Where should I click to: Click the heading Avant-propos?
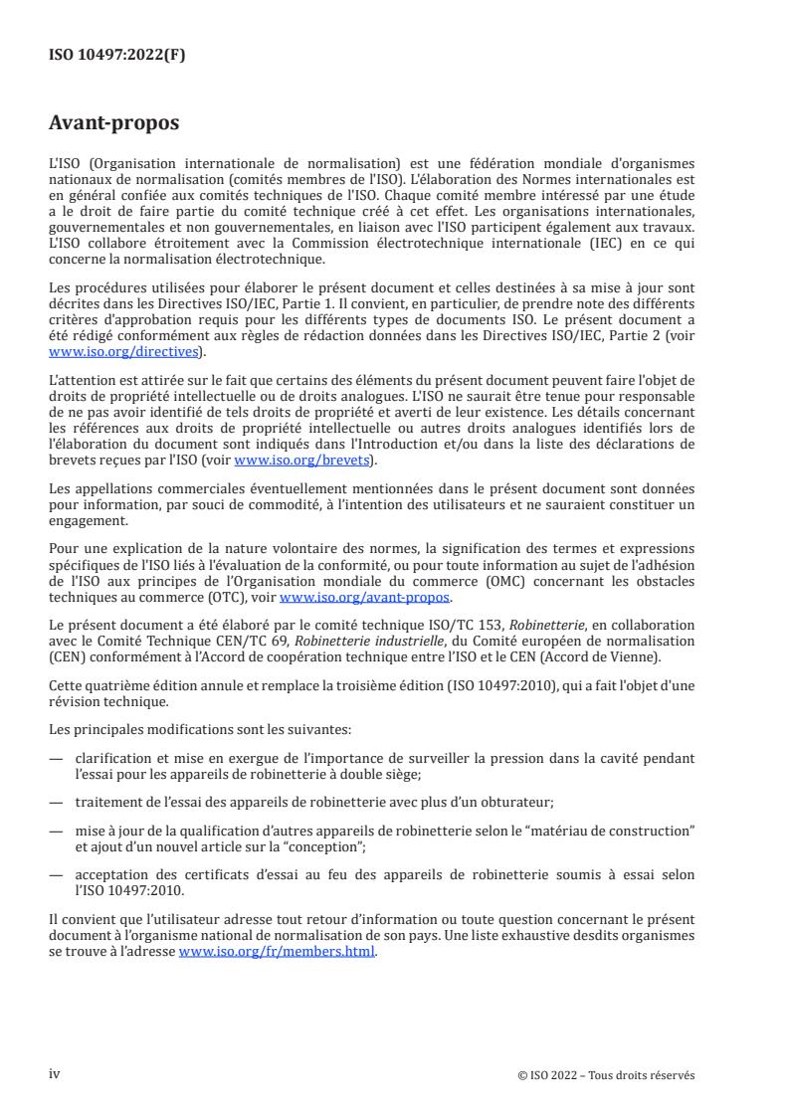114,123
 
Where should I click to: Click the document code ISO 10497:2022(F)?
116,56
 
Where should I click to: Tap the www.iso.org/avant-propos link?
365,597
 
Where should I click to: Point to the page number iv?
55,1074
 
